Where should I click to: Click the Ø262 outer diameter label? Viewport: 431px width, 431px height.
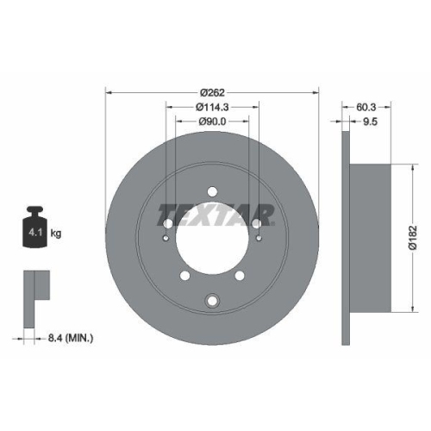[x=212, y=92]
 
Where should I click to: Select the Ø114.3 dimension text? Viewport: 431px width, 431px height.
[x=212, y=107]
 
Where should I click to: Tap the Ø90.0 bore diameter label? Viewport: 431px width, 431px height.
[x=212, y=122]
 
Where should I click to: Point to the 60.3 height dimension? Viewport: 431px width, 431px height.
[x=365, y=107]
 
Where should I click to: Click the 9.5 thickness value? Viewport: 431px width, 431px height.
[x=370, y=122]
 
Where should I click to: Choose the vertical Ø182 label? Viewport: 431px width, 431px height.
[x=413, y=238]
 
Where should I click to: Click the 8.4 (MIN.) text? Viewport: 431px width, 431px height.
[x=71, y=338]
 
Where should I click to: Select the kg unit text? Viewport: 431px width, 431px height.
[x=56, y=233]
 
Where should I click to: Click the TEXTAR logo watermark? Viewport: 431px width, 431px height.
[x=215, y=215]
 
